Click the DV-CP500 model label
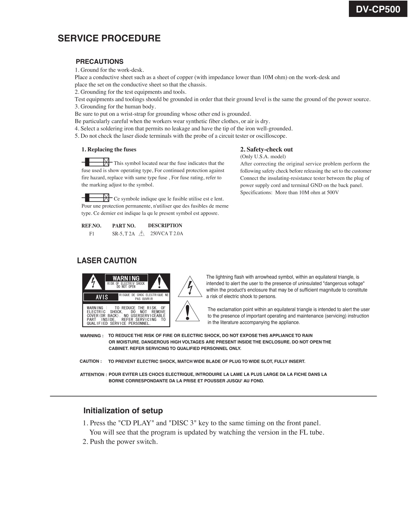378,9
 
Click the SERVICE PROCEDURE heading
109,38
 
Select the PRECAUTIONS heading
99,62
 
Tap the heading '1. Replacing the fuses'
109,150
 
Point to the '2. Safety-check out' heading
266,150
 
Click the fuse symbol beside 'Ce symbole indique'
96,198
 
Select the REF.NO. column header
91,226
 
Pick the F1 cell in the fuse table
92,234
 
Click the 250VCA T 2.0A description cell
166,234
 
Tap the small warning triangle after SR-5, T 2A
142,234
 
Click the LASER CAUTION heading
107,261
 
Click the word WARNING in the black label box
126,278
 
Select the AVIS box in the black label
102,297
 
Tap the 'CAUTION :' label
91,361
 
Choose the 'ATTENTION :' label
93,375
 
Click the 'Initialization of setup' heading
123,411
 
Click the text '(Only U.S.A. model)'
263,157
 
